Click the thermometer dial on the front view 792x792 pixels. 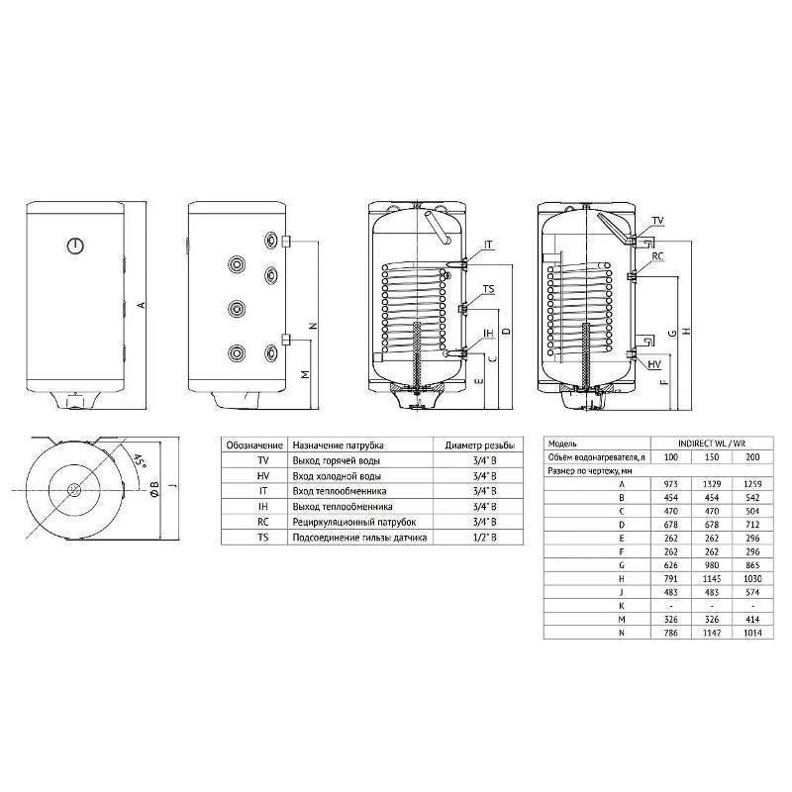(77, 245)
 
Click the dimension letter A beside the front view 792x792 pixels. (142, 305)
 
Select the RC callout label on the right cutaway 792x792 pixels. (658, 255)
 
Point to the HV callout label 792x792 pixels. (654, 364)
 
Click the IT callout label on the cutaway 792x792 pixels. (489, 245)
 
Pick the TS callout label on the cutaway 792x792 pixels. (488, 289)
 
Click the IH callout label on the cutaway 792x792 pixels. (488, 334)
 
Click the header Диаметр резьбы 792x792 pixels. (483, 446)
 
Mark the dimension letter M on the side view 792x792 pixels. (305, 374)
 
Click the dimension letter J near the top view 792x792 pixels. (172, 485)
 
